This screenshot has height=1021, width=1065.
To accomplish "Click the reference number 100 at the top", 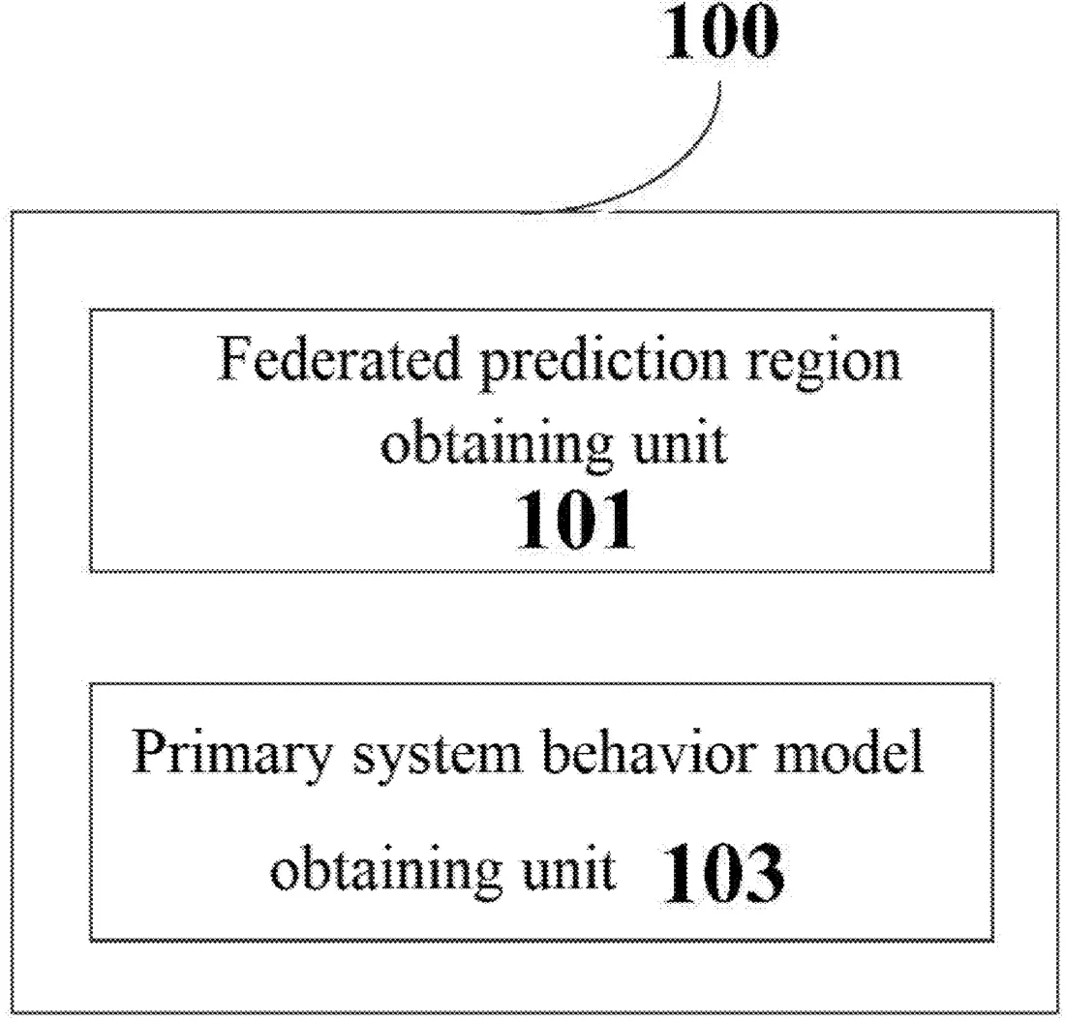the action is pos(720,31).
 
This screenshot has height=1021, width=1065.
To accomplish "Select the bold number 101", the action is pos(575,520).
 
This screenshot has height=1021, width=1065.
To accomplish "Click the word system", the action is pos(437,757).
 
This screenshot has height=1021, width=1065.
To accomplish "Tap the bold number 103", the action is pos(723,874).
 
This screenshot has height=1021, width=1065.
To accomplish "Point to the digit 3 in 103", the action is pos(764,874).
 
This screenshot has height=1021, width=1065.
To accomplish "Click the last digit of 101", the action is pos(619,520).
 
